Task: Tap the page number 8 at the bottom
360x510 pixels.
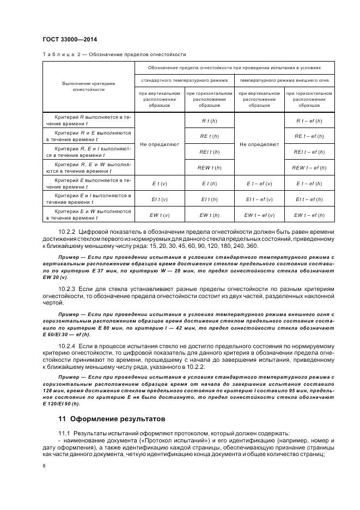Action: (44, 466)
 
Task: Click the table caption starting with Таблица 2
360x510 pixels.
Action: (114, 54)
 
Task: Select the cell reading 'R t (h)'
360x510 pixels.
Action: (210, 120)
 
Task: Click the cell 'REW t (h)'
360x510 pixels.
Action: (210, 167)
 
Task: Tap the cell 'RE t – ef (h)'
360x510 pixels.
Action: (309, 136)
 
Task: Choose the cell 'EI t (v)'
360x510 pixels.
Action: (160, 199)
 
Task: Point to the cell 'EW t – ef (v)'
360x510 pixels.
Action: (259, 215)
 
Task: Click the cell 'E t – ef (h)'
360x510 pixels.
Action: (309, 183)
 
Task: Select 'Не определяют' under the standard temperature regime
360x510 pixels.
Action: (160, 144)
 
